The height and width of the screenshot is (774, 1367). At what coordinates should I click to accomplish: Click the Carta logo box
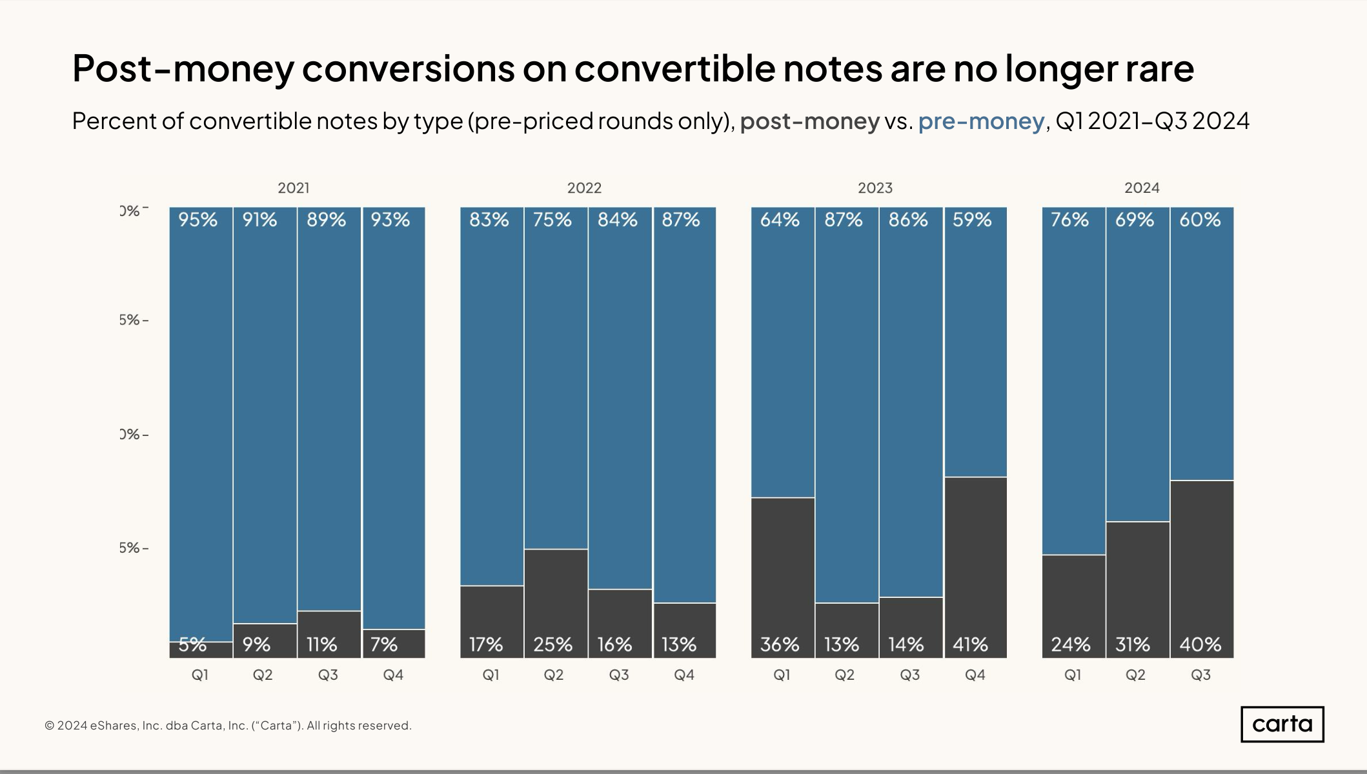1282,724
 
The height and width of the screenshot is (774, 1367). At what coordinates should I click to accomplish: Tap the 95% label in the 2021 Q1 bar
197,220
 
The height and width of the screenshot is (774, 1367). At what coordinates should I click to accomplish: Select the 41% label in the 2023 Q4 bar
970,644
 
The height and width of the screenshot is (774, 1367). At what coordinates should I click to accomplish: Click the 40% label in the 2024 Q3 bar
1200,644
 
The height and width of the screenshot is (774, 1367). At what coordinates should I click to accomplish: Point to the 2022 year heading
584,188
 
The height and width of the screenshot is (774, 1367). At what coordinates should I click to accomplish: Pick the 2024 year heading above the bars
1142,188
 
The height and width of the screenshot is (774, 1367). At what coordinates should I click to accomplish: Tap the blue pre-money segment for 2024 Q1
1073,387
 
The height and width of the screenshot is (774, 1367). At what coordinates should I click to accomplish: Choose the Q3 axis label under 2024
1200,675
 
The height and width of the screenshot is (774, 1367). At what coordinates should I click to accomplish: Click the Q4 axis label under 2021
393,675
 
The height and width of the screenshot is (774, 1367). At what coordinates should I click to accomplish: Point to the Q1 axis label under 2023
782,675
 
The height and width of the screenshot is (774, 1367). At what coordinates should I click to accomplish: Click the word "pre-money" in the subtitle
981,121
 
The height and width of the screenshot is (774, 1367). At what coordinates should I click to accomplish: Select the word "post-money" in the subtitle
809,121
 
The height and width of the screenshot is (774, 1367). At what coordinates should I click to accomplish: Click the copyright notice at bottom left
228,726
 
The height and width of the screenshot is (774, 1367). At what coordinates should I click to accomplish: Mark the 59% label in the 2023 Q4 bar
972,220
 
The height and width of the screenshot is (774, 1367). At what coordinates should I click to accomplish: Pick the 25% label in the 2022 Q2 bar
552,644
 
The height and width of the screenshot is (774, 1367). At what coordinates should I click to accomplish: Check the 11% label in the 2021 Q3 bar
321,644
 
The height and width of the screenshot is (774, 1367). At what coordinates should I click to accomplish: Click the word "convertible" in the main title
674,68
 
